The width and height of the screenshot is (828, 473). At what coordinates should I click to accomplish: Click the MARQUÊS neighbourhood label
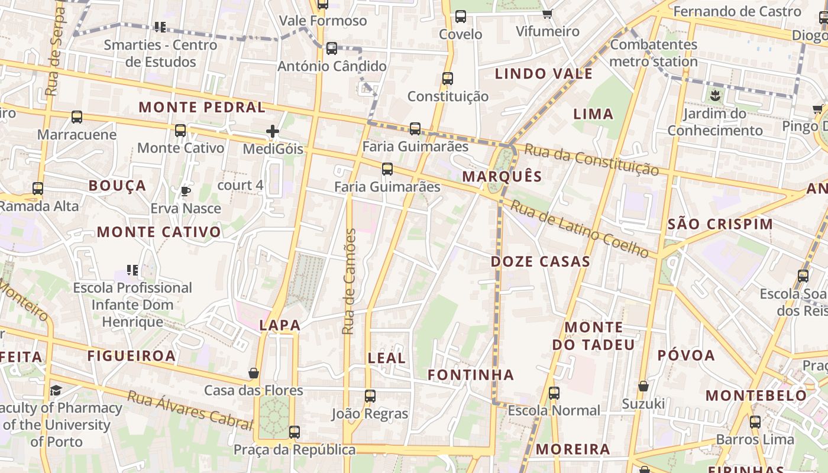(502, 176)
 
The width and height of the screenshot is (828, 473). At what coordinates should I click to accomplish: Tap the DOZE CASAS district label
(541, 261)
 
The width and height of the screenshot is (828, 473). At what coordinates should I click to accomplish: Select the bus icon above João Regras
(370, 396)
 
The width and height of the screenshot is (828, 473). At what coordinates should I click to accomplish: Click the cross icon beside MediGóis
(273, 131)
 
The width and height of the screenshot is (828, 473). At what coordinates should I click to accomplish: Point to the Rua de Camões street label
(350, 281)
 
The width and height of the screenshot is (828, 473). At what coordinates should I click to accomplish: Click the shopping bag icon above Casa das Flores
(254, 373)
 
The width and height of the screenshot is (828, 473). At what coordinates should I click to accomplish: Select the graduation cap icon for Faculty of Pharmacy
(56, 390)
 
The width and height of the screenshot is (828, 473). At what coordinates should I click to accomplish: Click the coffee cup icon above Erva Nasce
(185, 191)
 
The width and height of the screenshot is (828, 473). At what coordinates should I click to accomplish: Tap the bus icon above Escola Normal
(554, 393)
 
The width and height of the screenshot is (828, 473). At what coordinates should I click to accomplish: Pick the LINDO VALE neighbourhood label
(544, 74)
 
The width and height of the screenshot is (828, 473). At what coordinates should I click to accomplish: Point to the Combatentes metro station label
(654, 53)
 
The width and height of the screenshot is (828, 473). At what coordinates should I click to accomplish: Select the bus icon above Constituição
(448, 79)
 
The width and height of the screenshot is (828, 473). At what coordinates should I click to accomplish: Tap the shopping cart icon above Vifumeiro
(548, 14)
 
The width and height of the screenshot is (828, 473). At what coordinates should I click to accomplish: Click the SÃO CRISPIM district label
(720, 224)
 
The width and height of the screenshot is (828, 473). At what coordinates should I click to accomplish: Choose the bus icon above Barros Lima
(755, 422)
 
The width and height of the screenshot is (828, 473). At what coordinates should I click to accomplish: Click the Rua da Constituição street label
(591, 160)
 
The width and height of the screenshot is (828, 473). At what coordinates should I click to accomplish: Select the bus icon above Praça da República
(295, 432)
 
